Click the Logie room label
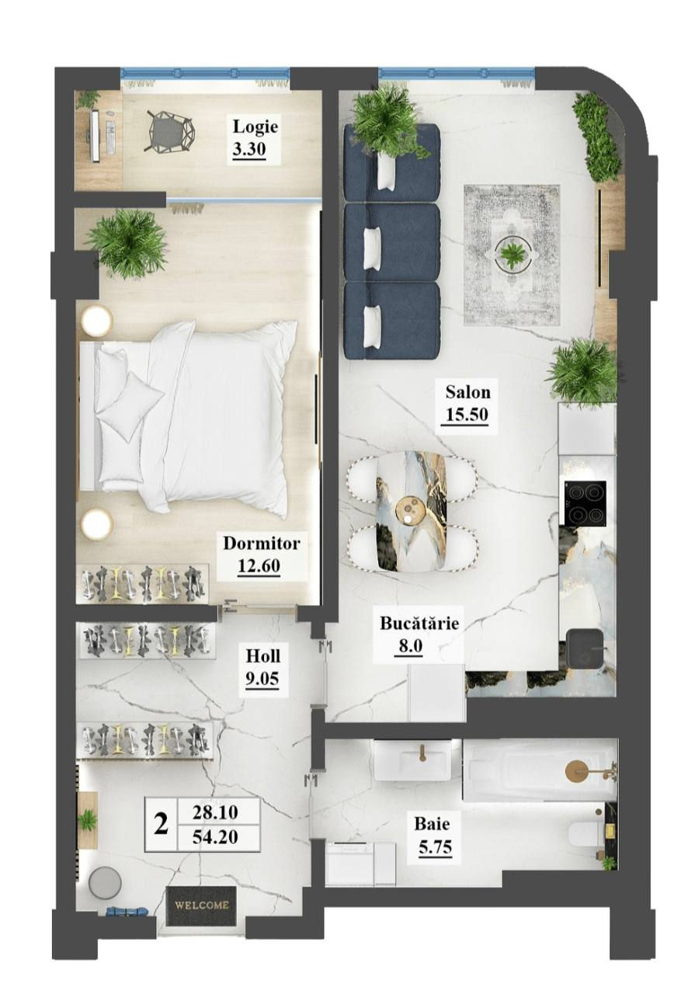pos(255,127)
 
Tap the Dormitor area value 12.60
pos(259,566)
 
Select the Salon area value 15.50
pos(467,415)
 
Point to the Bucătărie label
pos(419,623)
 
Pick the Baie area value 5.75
pos(435,846)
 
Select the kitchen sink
pos(586,648)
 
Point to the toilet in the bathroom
pos(585,835)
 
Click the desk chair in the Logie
pos(169,131)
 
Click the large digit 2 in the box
pos(161,824)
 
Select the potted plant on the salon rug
pos(512,255)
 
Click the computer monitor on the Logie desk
pos(95,136)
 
